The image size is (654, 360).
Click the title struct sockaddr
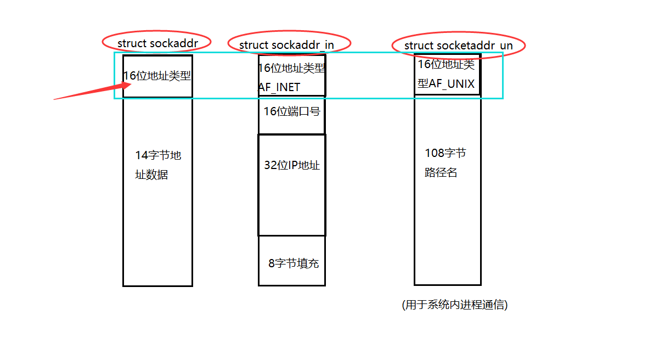(x=157, y=43)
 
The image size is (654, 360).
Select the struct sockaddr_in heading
(x=287, y=44)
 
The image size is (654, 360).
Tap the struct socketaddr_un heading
(x=458, y=45)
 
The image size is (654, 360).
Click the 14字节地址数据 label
(x=158, y=165)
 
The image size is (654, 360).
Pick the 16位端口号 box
(x=292, y=111)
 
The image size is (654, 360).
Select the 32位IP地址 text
(x=292, y=165)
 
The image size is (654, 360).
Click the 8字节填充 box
(x=293, y=263)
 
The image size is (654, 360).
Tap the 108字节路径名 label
(x=445, y=163)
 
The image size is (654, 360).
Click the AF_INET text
(x=279, y=87)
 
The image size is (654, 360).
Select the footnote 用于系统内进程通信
(x=455, y=305)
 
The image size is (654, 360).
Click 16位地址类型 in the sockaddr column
(x=157, y=76)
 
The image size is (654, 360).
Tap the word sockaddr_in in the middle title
(x=302, y=44)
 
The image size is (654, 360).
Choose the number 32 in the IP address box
(x=270, y=165)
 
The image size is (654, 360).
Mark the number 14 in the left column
(x=142, y=155)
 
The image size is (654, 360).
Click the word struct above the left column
(x=132, y=43)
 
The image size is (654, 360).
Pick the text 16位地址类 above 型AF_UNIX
(x=446, y=64)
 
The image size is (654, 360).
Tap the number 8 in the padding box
(x=271, y=263)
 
